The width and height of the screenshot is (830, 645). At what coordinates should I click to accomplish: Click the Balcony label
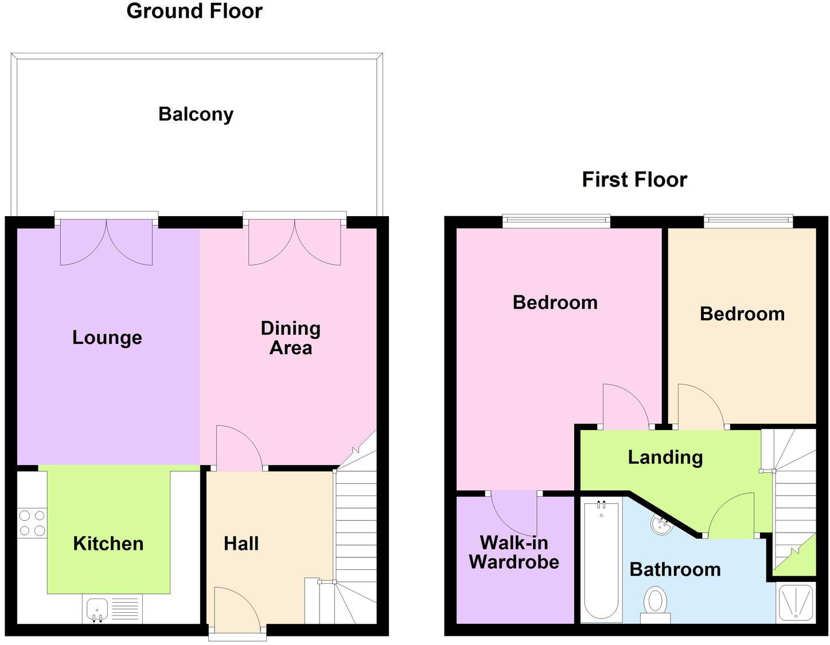[x=196, y=114]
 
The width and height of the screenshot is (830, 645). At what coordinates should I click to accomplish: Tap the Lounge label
[x=107, y=337]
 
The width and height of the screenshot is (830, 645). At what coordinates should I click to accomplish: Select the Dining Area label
[x=290, y=338]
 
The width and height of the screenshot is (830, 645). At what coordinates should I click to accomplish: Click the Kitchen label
[x=108, y=543]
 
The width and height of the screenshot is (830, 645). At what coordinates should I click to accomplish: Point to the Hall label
[x=241, y=543]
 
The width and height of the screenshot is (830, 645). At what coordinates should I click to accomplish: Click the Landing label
[x=665, y=457]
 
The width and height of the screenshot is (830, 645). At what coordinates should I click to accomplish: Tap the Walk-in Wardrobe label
[x=514, y=552]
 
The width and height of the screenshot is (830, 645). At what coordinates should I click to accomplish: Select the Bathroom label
[x=675, y=569]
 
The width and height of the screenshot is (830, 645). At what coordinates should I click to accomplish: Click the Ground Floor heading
[x=194, y=11]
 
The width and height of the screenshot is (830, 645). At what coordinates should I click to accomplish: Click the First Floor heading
[x=634, y=179]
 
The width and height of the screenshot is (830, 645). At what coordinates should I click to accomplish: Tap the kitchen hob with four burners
[x=32, y=523]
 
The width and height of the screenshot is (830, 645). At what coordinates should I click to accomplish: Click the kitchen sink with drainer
[x=112, y=609]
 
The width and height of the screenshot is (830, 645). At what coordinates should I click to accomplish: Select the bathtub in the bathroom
[x=601, y=560]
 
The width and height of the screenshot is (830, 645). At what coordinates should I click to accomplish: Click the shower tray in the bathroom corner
[x=796, y=603]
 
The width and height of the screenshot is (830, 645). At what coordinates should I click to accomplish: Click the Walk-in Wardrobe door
[x=513, y=512]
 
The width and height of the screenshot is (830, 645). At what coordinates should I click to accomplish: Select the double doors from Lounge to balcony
[x=106, y=241]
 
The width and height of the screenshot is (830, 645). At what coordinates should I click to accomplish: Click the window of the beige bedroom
[x=749, y=221]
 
